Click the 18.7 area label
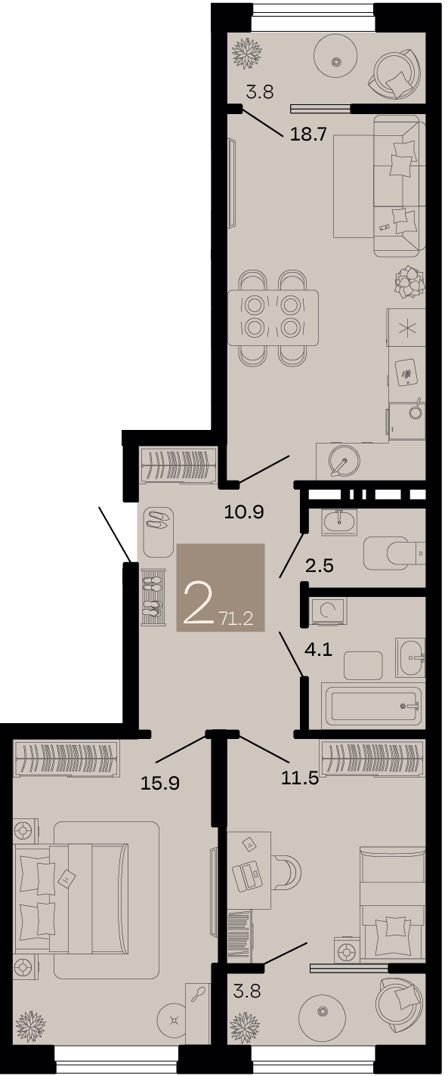[308, 134]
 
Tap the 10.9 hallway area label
[244, 512]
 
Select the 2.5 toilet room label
[320, 565]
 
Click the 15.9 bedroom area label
[160, 783]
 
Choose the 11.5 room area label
[300, 778]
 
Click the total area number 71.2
[236, 618]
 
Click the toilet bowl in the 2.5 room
[394, 553]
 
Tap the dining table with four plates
[273, 317]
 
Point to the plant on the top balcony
[247, 52]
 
